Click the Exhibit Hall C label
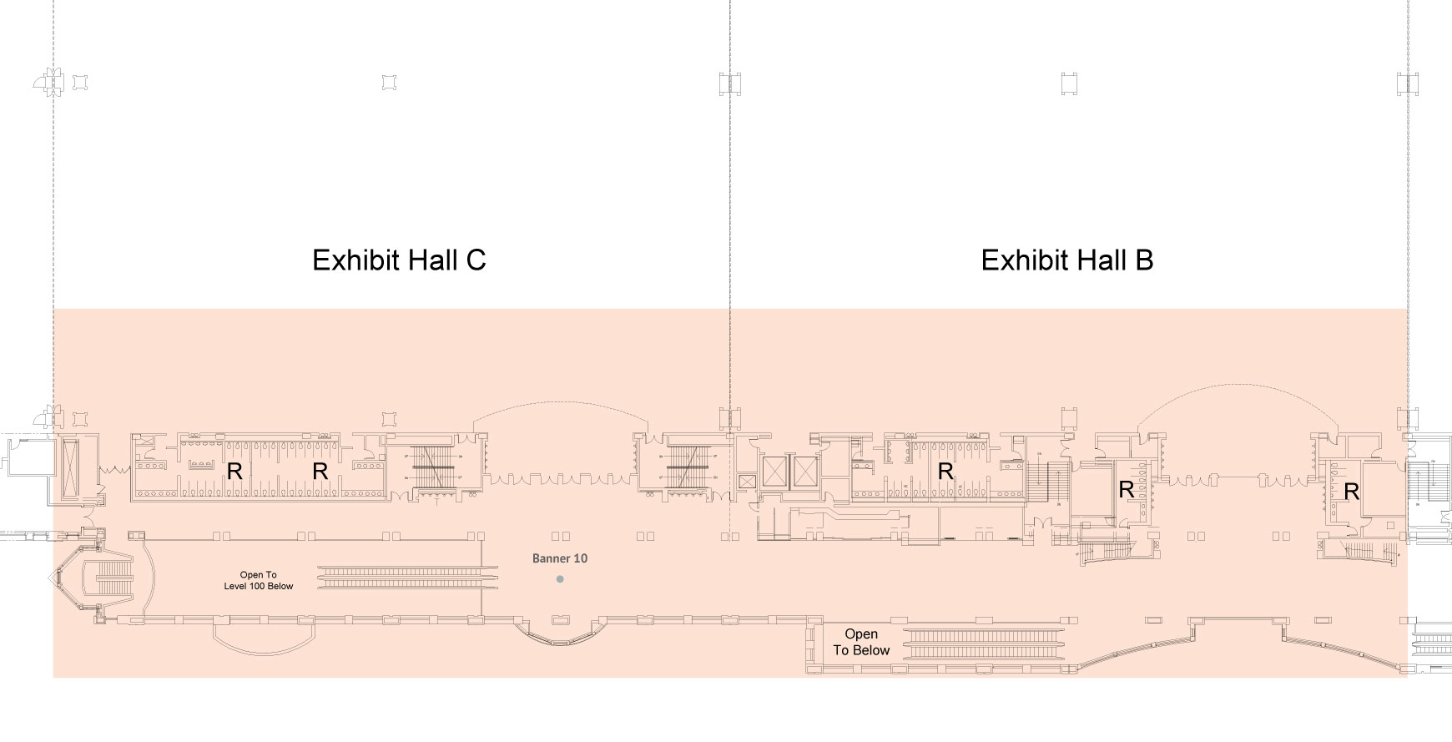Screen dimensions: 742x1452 click(399, 260)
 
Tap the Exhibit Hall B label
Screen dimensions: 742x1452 click(1066, 260)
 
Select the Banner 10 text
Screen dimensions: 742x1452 click(560, 558)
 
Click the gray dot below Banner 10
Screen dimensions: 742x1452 click(560, 578)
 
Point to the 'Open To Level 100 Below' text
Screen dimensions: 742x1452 click(259, 580)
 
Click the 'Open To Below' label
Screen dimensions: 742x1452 click(861, 642)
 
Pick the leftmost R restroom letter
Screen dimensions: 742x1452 click(234, 472)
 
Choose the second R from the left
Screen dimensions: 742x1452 click(320, 472)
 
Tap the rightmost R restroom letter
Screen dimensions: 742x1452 click(1351, 492)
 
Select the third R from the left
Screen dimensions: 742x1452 click(945, 472)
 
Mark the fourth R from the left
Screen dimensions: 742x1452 click(1126, 490)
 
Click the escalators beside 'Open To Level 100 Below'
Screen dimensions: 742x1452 click(407, 575)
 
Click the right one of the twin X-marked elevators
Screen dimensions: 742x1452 click(807, 472)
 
